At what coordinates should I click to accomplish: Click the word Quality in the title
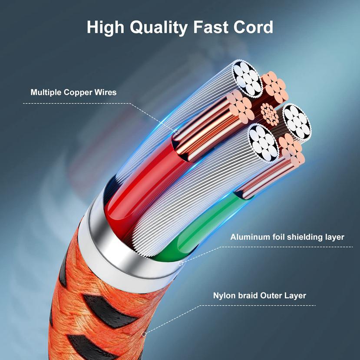[x=159, y=27]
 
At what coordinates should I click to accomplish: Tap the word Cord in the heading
[x=253, y=27]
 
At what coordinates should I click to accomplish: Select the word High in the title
[x=106, y=27]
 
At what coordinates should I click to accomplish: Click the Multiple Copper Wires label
[x=73, y=92]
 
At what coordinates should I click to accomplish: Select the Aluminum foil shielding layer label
[x=287, y=237]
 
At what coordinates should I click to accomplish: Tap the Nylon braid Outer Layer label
[x=259, y=295]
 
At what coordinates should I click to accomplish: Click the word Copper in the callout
[x=78, y=92]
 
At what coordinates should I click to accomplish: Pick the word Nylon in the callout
[x=223, y=296]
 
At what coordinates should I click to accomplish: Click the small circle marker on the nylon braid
[x=145, y=334]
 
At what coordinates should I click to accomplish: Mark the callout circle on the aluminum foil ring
[x=181, y=263]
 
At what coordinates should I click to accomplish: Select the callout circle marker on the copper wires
[x=177, y=132]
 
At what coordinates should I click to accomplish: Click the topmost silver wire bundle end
[x=247, y=78]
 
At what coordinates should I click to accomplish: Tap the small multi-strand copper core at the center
[x=269, y=114]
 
